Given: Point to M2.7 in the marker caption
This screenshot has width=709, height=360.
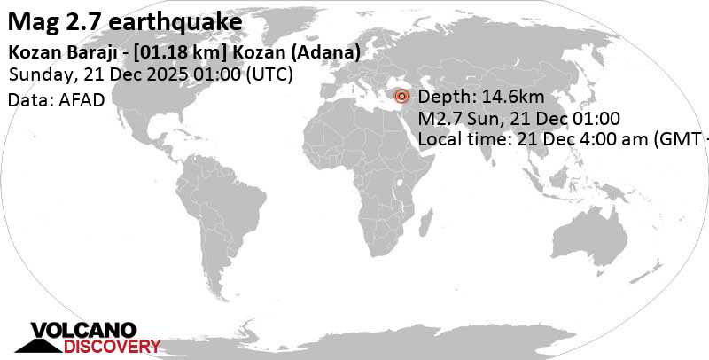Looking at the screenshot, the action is [x=439, y=118].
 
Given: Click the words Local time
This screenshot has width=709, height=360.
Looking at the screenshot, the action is [x=457, y=138].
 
